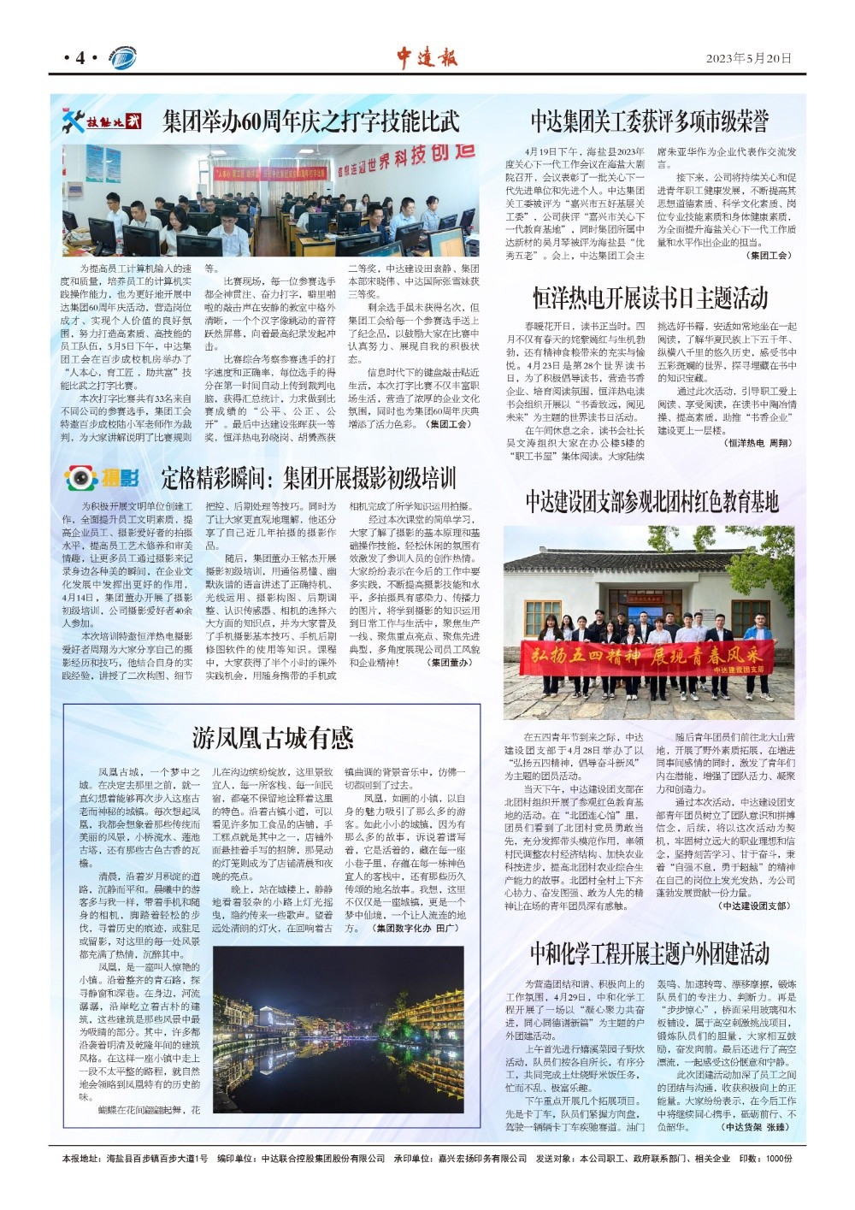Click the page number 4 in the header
(80, 58)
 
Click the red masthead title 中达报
(427, 57)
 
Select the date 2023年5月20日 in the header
(749, 58)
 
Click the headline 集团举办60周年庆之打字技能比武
(311, 121)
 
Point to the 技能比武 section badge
(101, 121)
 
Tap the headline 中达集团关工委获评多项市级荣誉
(649, 121)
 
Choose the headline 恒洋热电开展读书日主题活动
(650, 298)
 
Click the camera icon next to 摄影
(82, 477)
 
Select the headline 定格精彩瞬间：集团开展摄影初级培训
(309, 477)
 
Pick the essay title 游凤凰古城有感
(273, 737)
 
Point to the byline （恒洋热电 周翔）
(758, 443)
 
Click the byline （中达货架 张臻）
(755, 1127)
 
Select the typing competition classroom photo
(270, 200)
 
